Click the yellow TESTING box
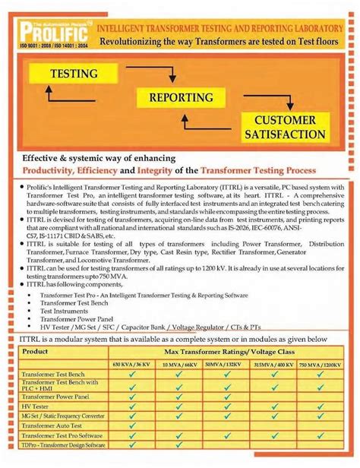point(74,74)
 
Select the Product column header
point(36,352)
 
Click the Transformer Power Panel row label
point(55,397)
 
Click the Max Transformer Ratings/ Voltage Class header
point(231,352)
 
